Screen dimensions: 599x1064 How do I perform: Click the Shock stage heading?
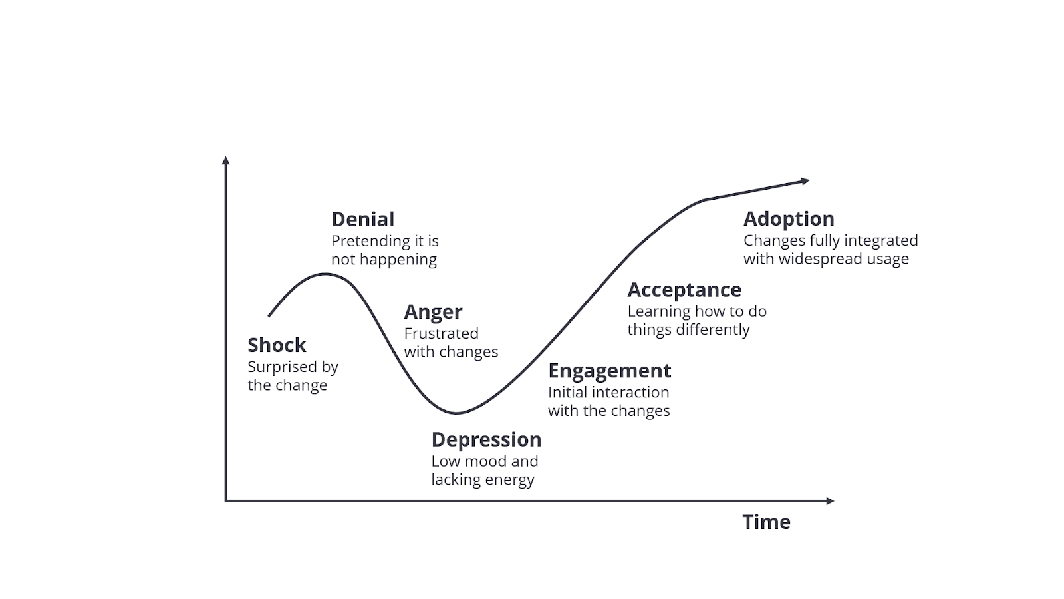[x=277, y=345]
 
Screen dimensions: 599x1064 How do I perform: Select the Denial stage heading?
[x=362, y=219]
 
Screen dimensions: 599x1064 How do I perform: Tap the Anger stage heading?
[x=433, y=311]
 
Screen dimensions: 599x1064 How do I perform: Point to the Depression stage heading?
[x=486, y=439]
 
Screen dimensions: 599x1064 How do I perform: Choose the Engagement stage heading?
[x=609, y=370]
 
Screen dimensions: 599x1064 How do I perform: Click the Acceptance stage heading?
[x=684, y=290]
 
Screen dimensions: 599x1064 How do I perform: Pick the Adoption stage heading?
[x=789, y=218]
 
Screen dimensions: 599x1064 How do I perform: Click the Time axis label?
[x=766, y=522]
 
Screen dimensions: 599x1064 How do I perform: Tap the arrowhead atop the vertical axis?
[x=226, y=160]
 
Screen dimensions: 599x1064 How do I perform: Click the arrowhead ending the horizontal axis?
[x=830, y=500]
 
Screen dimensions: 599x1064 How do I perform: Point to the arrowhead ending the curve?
[x=805, y=180]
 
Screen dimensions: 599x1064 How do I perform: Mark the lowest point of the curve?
[x=456, y=413]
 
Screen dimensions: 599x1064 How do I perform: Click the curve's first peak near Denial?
[x=325, y=274]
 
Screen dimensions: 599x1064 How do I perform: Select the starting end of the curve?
[x=269, y=315]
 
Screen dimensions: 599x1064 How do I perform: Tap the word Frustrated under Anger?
[x=441, y=333]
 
